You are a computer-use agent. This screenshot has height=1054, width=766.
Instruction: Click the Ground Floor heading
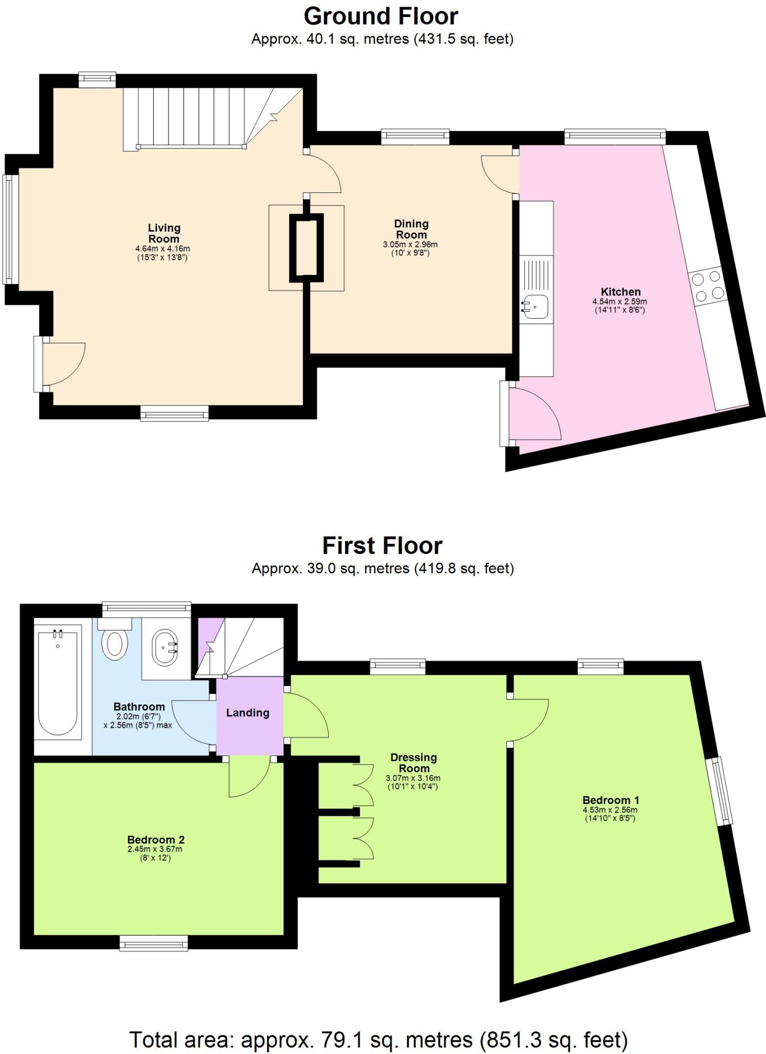pyautogui.click(x=381, y=16)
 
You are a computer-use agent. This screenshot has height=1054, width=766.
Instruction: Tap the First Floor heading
pyautogui.click(x=382, y=546)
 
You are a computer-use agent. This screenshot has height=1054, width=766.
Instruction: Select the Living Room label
pyautogui.click(x=164, y=233)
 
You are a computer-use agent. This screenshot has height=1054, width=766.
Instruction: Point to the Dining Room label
pyautogui.click(x=411, y=229)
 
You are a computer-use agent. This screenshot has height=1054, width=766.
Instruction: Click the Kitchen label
pyautogui.click(x=620, y=292)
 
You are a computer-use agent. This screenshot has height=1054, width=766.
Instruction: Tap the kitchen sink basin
pyautogui.click(x=535, y=306)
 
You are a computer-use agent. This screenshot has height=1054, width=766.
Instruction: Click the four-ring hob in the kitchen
pyautogui.click(x=708, y=287)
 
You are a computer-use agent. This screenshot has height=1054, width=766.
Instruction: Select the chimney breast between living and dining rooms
pyautogui.click(x=306, y=248)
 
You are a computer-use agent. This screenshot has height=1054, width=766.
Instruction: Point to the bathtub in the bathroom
pyautogui.click(x=58, y=682)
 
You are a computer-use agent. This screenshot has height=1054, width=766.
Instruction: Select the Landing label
pyautogui.click(x=248, y=713)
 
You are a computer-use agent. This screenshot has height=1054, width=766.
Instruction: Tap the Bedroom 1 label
pyautogui.click(x=611, y=800)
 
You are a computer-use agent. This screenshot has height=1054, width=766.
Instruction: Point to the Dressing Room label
pyautogui.click(x=414, y=763)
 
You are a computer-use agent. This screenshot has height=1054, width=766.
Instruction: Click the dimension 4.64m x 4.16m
pyautogui.click(x=163, y=249)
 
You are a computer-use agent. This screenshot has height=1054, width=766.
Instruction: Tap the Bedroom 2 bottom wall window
pyautogui.click(x=154, y=943)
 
